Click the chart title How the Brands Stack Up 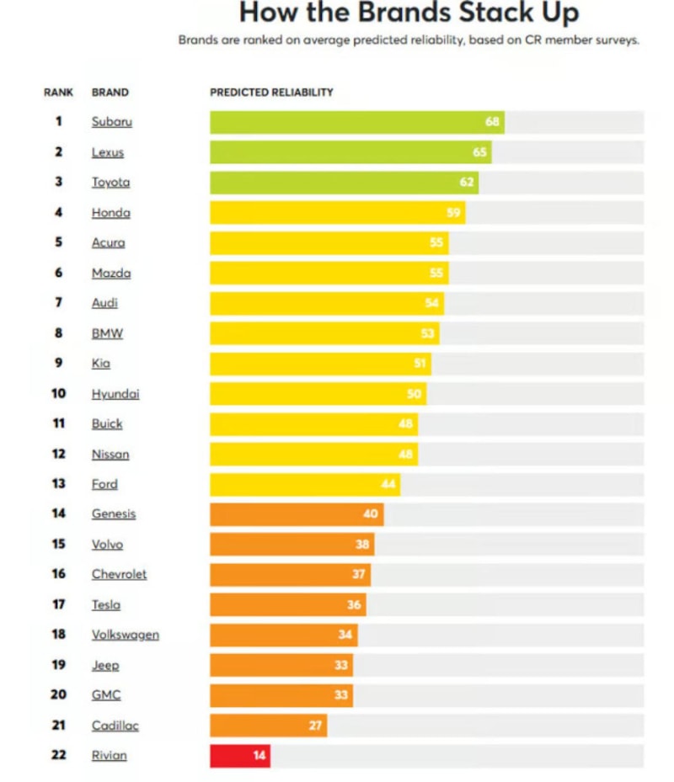point(409,13)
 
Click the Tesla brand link point(106,604)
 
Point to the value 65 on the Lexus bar point(479,152)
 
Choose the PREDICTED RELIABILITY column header point(271,93)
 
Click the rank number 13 point(59,484)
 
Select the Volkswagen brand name point(126,635)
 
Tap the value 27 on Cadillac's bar point(315,726)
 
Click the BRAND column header point(110,93)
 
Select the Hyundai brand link point(115,394)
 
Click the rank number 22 point(59,755)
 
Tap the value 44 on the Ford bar point(387,484)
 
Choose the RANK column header point(58,93)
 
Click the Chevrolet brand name point(119,574)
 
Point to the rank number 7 point(59,303)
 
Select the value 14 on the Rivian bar point(259,756)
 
